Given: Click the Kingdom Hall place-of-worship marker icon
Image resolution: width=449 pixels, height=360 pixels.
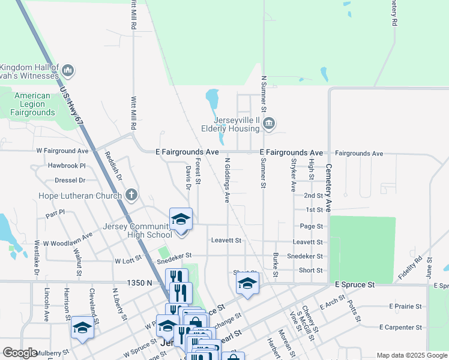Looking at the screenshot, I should tap(67, 71).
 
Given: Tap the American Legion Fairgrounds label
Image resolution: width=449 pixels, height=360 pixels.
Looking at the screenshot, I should tap(32, 104).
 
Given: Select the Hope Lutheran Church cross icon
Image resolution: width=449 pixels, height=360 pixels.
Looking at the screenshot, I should tap(131, 195).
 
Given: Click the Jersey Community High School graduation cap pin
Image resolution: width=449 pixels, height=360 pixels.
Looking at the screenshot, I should tap(180, 219).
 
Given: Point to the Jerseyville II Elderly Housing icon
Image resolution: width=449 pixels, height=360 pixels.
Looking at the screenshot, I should tap(269, 124).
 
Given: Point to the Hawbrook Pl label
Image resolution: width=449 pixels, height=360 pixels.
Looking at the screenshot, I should tap(67, 166).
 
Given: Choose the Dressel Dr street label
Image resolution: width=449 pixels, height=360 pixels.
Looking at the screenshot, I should tap(70, 180).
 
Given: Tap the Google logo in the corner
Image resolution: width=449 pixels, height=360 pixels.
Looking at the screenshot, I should tap(20, 353).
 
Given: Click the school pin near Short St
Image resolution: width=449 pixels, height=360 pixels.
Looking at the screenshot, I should tap(247, 284).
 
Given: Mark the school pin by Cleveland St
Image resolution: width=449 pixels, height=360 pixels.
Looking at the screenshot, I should tap(82, 327).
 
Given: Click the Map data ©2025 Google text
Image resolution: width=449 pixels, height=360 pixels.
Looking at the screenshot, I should tap(411, 355).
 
